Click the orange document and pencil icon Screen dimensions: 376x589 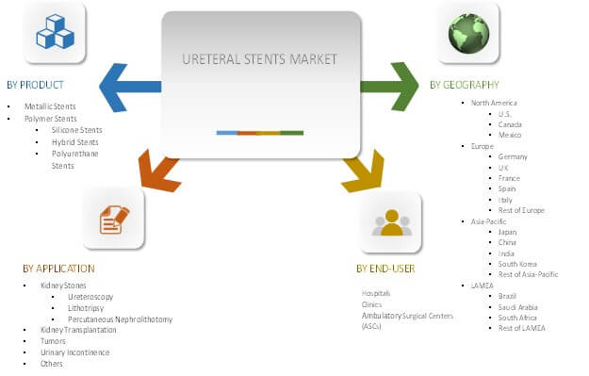tap(113, 220)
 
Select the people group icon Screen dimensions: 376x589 tap(392, 222)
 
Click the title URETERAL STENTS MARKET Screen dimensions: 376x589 tap(258, 58)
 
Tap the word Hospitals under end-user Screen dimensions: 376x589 tap(377, 293)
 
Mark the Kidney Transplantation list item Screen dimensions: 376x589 tap(78, 330)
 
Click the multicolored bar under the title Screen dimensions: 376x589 tap(259, 133)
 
